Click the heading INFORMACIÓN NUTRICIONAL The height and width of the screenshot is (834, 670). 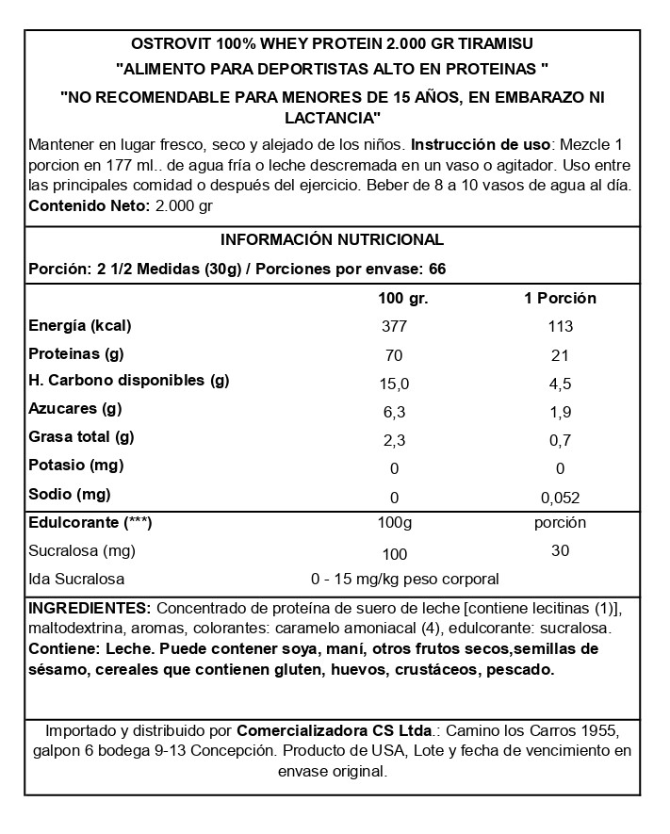pyautogui.click(x=331, y=239)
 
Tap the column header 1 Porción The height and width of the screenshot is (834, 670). pyautogui.click(x=560, y=298)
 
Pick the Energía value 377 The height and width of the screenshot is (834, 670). pyautogui.click(x=394, y=327)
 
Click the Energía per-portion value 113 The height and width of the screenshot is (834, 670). pyautogui.click(x=560, y=327)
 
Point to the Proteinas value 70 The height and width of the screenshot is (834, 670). pyautogui.click(x=394, y=355)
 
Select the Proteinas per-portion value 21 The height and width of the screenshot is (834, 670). pyautogui.click(x=560, y=355)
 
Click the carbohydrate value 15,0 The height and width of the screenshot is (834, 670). pyautogui.click(x=394, y=384)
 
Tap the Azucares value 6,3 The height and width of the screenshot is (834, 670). pyautogui.click(x=394, y=412)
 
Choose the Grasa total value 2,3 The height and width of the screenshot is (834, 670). pyautogui.click(x=394, y=440)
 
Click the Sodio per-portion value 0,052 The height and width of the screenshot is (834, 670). pyautogui.click(x=560, y=497)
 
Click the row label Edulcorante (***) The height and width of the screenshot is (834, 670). pyautogui.click(x=90, y=521)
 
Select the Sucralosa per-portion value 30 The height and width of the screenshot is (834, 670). pyautogui.click(x=560, y=550)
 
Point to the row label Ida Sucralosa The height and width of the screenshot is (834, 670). pyautogui.click(x=77, y=579)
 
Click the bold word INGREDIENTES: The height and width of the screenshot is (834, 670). pyautogui.click(x=90, y=608)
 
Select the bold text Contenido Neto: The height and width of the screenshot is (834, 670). pyautogui.click(x=89, y=205)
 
